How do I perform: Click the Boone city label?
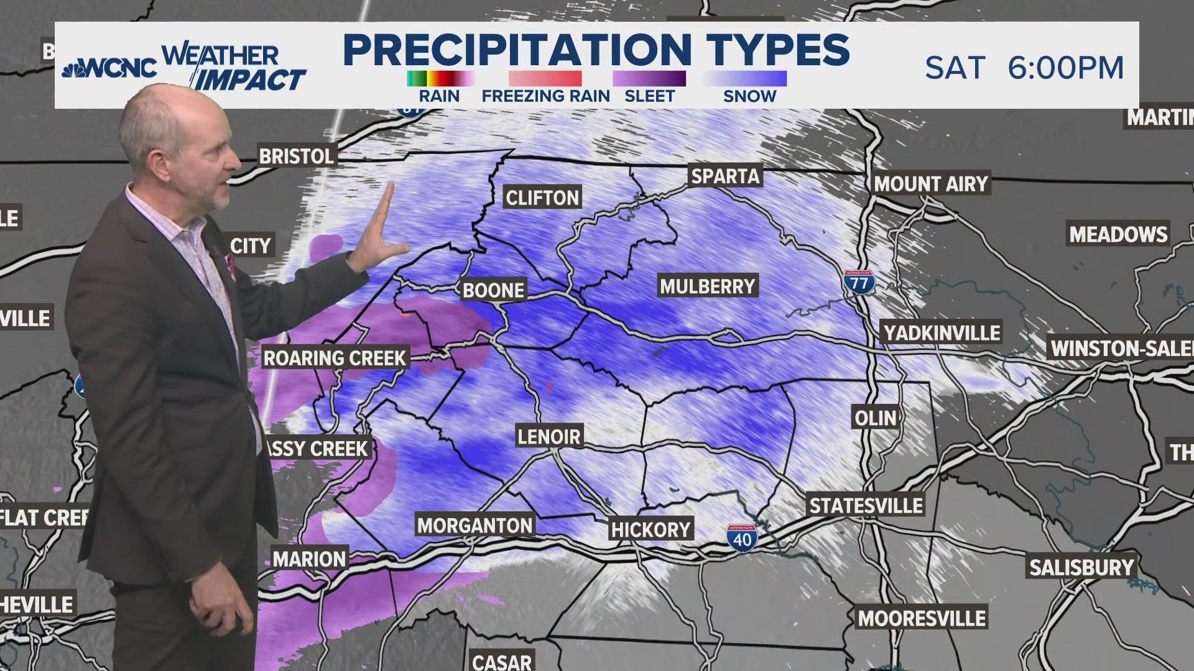click(x=494, y=290)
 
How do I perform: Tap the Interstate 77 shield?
click(x=859, y=283)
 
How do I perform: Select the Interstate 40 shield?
click(x=741, y=537)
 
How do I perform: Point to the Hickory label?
click(x=650, y=529)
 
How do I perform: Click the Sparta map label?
click(x=725, y=176)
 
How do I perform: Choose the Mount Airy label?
click(x=930, y=184)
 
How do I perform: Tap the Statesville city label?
click(x=866, y=505)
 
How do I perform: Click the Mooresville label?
click(x=922, y=618)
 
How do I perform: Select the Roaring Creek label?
click(x=335, y=358)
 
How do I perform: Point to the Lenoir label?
click(x=549, y=436)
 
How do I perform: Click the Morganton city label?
click(x=474, y=526)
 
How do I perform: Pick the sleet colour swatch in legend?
click(x=649, y=79)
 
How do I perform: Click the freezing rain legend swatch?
click(x=545, y=79)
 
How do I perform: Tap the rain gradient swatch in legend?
click(x=440, y=79)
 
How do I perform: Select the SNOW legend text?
click(x=749, y=96)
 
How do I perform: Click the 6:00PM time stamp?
click(x=1065, y=67)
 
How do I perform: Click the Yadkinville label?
click(x=942, y=333)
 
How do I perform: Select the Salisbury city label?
click(x=1081, y=567)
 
